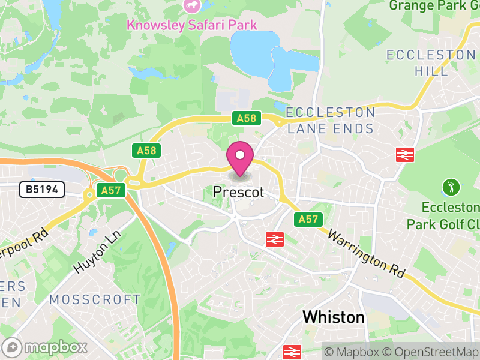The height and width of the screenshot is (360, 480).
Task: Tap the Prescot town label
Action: point(238,193)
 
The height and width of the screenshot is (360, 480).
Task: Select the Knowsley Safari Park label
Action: point(191,25)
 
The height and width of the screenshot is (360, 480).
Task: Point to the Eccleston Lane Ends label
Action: point(331,121)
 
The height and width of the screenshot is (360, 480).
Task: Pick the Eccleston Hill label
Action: point(431,62)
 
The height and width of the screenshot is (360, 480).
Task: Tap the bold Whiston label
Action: point(334,317)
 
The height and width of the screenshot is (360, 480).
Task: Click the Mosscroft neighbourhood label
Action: point(95,299)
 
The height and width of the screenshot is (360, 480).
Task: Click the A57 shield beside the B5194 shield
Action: point(112,190)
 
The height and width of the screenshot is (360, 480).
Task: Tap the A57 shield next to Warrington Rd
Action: point(308,220)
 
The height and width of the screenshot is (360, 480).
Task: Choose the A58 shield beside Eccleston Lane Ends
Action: point(247,118)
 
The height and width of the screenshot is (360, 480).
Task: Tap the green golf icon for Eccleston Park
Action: point(449,187)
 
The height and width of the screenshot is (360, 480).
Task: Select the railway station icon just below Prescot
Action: point(275,239)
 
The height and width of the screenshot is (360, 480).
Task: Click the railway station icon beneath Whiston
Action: point(292,352)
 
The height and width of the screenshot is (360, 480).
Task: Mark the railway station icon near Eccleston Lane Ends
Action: point(406,154)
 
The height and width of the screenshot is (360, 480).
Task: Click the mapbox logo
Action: point(46,347)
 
